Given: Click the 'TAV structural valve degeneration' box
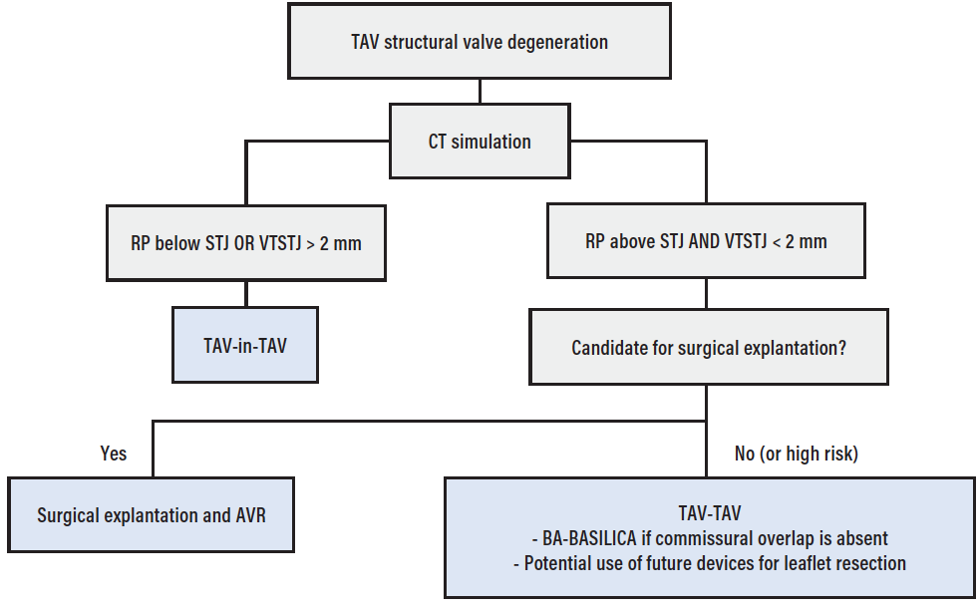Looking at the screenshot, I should click(480, 42).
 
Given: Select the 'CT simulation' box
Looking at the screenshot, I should click(480, 142).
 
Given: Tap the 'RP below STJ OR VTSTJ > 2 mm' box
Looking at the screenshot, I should click(245, 242).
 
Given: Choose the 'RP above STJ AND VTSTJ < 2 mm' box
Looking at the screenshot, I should click(706, 241).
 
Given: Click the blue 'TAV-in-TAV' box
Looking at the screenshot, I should click(245, 344).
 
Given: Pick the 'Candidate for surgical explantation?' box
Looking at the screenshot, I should click(708, 348).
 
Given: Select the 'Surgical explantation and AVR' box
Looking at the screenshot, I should click(151, 515).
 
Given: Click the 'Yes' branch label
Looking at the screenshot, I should click(114, 454).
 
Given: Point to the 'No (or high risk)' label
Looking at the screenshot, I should click(796, 454).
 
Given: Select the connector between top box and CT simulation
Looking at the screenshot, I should click(480, 92).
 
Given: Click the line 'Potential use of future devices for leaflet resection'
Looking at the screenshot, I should click(713, 563).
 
